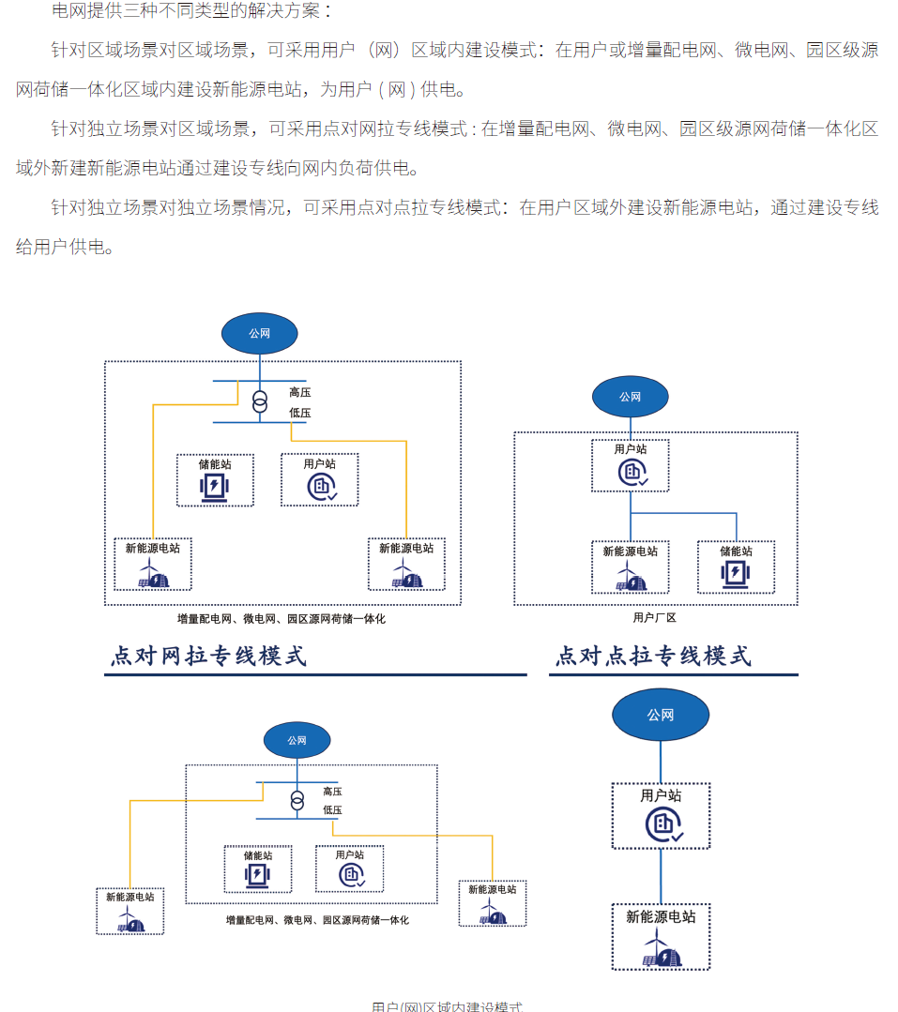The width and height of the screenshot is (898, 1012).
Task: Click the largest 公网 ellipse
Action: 660,716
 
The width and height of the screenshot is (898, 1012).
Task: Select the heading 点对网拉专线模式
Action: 208,656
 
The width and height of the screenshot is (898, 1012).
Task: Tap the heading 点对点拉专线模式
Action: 653,656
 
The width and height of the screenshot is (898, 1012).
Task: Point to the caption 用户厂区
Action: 654,618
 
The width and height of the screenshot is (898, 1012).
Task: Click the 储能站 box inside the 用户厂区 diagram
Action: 736,566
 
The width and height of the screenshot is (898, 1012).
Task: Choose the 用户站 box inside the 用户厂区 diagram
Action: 631,465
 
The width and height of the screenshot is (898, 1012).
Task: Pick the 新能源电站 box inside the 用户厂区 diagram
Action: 631,566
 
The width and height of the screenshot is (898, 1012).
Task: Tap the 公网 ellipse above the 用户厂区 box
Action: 630,397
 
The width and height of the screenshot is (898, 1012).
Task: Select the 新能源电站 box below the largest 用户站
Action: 661,936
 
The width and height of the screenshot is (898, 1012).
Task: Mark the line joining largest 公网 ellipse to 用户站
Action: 661,762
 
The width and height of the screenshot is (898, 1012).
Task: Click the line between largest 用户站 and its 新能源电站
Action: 661,876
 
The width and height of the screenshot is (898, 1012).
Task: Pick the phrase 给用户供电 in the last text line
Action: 65,248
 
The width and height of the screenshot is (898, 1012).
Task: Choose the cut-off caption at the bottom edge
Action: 447,1006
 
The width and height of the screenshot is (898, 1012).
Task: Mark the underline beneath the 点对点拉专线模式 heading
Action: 674,674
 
